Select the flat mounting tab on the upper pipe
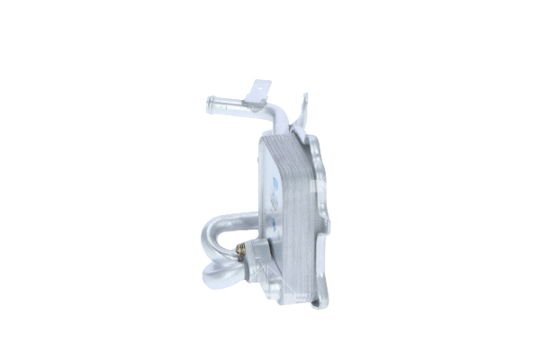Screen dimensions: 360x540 pyautogui.click(x=258, y=89)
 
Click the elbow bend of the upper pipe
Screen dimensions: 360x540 pyautogui.click(x=274, y=114)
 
